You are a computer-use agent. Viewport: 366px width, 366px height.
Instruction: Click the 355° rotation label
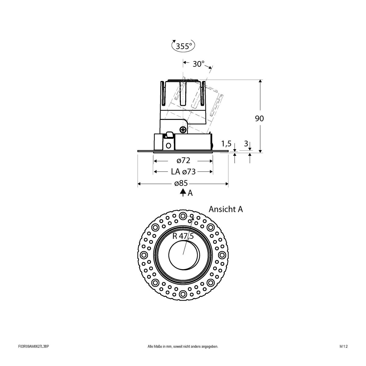coord(184,46)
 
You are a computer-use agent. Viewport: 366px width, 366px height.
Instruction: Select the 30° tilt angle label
coord(198,64)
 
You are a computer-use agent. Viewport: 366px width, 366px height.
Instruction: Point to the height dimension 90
coord(259,118)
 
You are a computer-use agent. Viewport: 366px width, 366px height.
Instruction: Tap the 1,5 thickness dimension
coord(226,143)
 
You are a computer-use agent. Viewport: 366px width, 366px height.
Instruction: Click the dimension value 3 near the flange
coord(246,143)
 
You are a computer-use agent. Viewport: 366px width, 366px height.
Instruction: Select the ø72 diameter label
coord(183,161)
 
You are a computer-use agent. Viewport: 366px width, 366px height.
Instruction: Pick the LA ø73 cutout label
coord(183,172)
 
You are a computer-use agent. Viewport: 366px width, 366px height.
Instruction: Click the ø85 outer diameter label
coord(181,184)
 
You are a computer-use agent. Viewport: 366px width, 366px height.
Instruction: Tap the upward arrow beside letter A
coord(182,192)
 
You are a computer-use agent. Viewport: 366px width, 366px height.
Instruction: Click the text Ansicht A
coord(226,209)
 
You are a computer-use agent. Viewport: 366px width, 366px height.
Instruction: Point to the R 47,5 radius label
coord(183,236)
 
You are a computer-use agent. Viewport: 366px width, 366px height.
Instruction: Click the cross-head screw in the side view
coord(183,130)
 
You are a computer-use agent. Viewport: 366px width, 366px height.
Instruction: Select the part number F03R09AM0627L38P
coord(34,355)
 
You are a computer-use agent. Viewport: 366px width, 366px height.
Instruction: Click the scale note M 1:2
coord(343,355)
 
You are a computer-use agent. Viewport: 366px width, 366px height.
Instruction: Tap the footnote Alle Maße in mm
coord(183,355)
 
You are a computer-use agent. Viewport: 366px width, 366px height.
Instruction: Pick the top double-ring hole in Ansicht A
coord(183,216)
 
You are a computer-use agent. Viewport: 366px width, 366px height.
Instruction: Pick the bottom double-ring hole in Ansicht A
coord(183,294)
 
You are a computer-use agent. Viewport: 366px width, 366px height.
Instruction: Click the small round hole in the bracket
coord(168,145)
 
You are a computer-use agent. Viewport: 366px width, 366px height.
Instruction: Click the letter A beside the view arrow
coord(190,193)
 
